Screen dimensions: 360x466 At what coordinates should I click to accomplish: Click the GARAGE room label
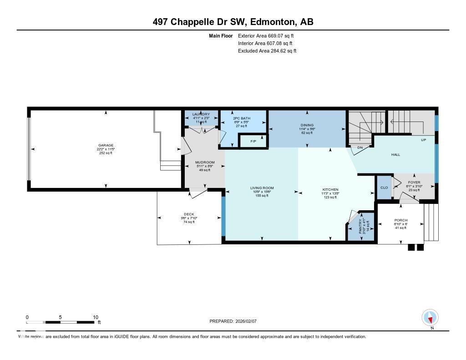(106, 146)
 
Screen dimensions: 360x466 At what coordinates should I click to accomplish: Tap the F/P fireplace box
(253, 142)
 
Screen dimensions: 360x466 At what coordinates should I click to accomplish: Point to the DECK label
(189, 214)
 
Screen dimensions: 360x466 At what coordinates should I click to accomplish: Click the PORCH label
(401, 220)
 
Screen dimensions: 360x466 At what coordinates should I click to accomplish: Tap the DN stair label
(360, 147)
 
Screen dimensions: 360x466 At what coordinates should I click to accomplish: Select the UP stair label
(423, 140)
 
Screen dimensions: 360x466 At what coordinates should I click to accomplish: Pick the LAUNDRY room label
(201, 114)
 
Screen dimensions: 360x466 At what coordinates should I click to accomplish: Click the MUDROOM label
(205, 162)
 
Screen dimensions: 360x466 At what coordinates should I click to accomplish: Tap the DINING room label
(307, 125)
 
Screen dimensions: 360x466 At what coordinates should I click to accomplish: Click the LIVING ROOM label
(262, 188)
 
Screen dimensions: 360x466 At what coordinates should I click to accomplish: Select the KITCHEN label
(330, 189)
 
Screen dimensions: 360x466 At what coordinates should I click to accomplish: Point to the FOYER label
(414, 182)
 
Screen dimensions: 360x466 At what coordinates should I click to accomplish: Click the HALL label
(395, 155)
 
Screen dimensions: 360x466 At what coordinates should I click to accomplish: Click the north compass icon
(430, 317)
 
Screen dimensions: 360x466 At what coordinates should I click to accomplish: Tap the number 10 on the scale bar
(96, 317)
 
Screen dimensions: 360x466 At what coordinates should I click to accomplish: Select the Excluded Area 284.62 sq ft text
(267, 51)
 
